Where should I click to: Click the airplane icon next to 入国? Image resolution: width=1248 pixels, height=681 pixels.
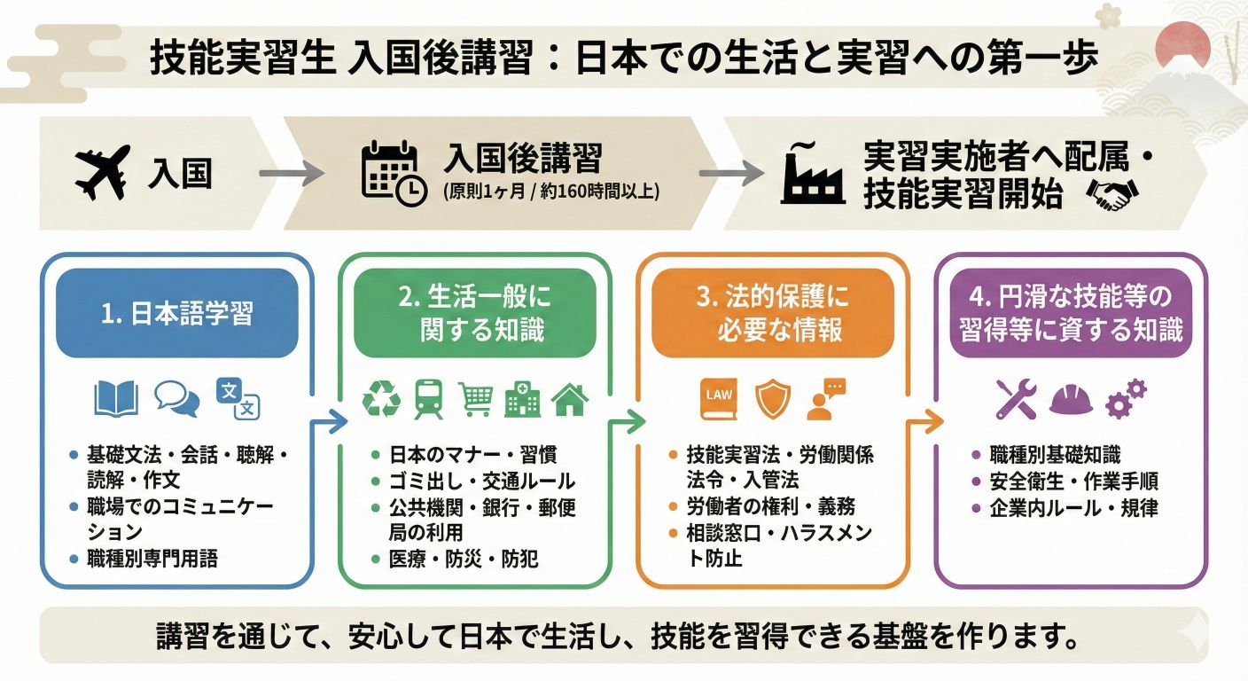[103, 174]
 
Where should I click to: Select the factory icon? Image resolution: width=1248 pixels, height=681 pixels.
[811, 174]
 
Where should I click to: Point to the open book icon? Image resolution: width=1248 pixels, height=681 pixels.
[115, 399]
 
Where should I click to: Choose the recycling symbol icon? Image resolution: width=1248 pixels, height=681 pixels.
[382, 399]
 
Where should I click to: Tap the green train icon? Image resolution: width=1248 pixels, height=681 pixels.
[429, 399]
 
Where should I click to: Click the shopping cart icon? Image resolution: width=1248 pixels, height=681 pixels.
[476, 400]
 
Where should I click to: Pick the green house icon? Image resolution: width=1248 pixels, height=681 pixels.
[569, 400]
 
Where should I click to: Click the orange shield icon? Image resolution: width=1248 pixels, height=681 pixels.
[770, 399]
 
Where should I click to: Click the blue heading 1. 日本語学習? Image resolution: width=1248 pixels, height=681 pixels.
[177, 314]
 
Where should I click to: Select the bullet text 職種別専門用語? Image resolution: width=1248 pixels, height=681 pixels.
[152, 559]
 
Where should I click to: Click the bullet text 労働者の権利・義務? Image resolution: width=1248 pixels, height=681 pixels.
[770, 508]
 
